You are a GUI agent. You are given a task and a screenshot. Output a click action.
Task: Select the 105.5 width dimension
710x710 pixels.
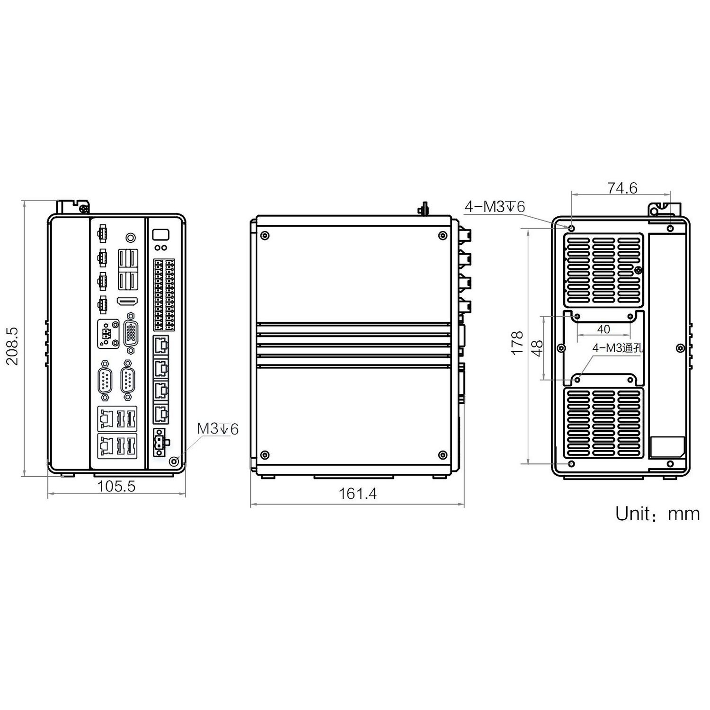(x=116, y=486)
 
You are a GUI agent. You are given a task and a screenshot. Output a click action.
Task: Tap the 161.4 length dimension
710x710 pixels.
(x=357, y=494)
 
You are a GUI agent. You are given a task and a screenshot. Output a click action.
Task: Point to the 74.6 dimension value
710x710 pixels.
(x=622, y=188)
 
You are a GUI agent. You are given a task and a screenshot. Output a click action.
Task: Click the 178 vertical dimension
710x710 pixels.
(x=518, y=343)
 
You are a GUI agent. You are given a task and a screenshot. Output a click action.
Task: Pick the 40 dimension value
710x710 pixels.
(x=603, y=329)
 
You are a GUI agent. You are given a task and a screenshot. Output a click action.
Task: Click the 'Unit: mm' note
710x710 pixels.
(x=657, y=514)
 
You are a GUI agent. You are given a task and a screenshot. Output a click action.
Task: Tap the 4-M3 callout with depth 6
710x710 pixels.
(x=494, y=206)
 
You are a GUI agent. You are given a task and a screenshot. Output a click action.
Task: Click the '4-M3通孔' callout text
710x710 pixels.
(x=618, y=348)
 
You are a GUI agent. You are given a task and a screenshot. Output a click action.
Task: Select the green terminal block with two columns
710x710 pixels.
(x=163, y=294)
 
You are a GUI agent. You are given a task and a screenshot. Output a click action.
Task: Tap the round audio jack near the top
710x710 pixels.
(x=131, y=237)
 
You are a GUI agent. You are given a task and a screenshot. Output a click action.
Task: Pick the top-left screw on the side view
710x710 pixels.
(x=265, y=235)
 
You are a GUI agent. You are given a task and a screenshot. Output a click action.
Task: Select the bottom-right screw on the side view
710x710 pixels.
(x=443, y=455)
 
